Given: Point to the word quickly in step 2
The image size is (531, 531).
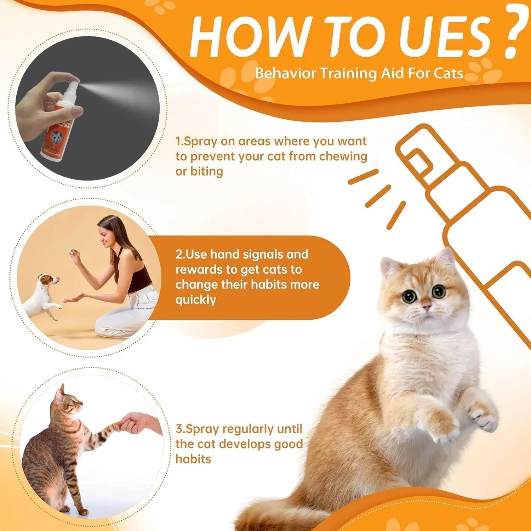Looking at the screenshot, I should pyautogui.click(x=195, y=300).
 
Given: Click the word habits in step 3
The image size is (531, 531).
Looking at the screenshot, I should pyautogui.click(x=193, y=459).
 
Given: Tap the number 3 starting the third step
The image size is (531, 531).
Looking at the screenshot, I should pyautogui.click(x=179, y=429).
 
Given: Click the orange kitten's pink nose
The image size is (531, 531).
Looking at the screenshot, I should pyautogui.click(x=426, y=306).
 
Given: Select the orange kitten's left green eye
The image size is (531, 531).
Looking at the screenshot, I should pyautogui.click(x=410, y=296).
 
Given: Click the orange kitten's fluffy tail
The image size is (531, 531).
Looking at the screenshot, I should pyautogui.click(x=269, y=513).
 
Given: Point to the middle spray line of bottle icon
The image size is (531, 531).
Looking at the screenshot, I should pyautogui.click(x=378, y=196).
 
